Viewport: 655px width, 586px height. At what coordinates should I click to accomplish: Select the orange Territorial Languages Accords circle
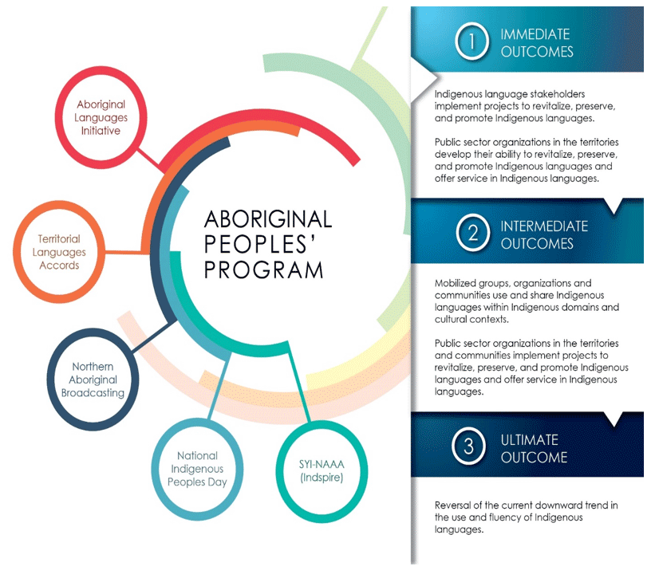point(60,251)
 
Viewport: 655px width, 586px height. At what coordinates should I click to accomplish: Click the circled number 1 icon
point(472,43)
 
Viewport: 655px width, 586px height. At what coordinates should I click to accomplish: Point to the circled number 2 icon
point(472,233)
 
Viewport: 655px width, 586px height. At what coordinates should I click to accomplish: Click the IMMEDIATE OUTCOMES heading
point(536,43)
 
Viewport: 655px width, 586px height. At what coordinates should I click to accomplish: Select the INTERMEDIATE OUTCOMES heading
point(543,234)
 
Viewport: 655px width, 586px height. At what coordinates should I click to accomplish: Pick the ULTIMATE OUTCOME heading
point(534,448)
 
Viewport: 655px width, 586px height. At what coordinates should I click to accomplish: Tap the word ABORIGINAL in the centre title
point(268,218)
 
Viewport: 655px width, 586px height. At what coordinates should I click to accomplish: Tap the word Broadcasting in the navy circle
point(93,392)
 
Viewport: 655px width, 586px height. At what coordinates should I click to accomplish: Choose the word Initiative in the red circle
point(102,131)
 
